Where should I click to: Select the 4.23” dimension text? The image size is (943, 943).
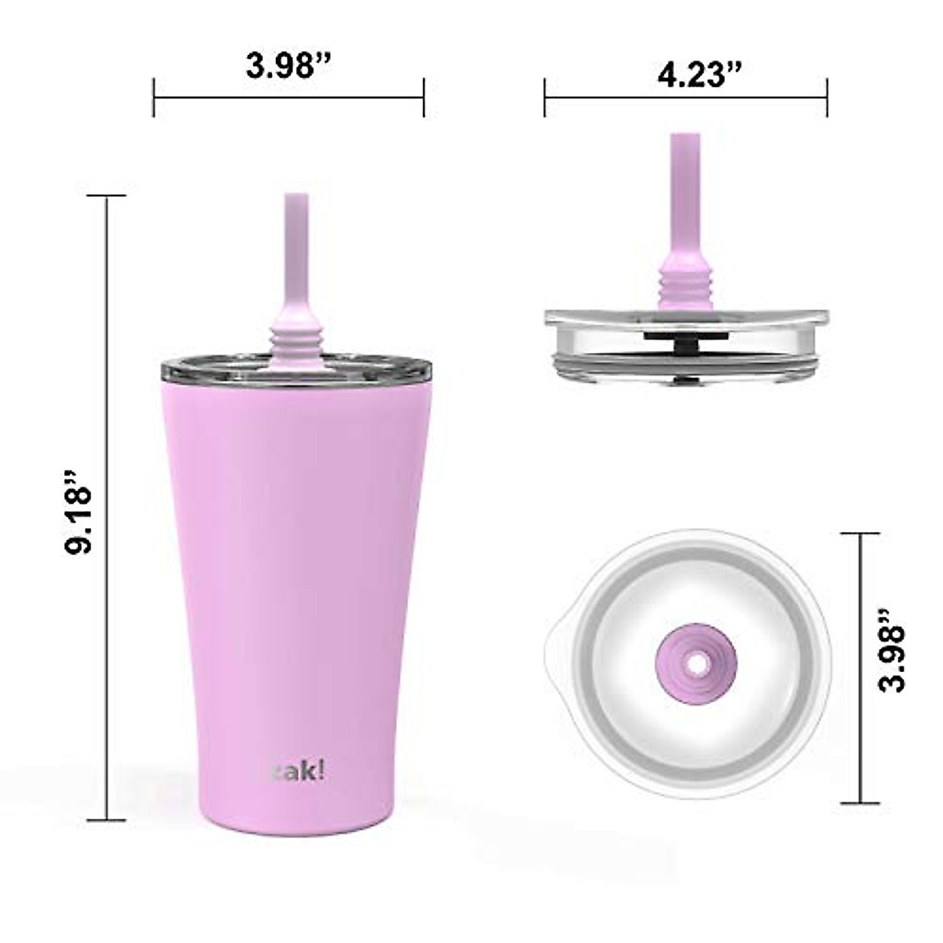click(699, 75)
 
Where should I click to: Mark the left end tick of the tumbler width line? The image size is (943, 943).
click(154, 97)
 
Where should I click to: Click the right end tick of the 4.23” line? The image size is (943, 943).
click(827, 97)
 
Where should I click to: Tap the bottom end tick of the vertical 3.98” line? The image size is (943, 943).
click(859, 803)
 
